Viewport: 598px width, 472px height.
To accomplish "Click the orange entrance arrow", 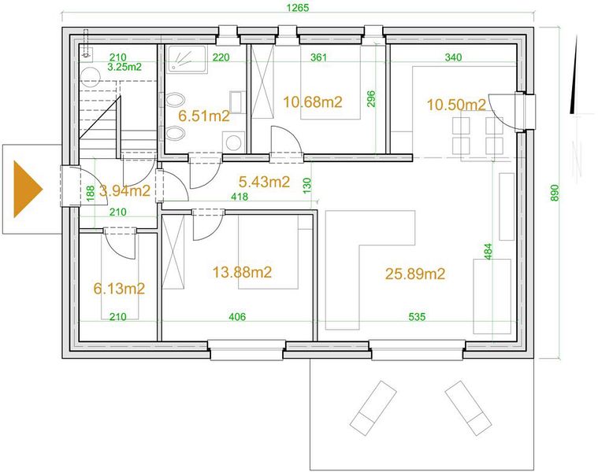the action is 27,189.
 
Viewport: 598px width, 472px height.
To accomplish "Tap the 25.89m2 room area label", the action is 415,274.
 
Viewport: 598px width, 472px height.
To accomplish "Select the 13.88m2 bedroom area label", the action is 242,272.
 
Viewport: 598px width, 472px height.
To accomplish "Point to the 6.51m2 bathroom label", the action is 204,116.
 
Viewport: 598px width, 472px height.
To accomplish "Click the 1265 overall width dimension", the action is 298,8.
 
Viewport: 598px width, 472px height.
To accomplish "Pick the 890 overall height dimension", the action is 555,193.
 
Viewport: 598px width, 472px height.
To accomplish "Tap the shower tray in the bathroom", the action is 187,59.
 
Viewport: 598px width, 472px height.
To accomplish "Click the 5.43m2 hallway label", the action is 264,182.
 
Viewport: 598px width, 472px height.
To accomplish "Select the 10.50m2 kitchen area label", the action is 456,105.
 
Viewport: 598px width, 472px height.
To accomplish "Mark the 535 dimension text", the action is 417,317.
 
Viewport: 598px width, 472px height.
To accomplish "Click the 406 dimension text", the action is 237,317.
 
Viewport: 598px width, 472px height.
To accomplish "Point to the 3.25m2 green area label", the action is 124,68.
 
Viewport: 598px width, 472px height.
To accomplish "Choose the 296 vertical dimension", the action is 371,98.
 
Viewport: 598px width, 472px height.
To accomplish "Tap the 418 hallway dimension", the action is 240,197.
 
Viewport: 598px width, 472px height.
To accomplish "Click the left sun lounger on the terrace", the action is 373,408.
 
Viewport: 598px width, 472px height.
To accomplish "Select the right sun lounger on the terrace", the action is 468,408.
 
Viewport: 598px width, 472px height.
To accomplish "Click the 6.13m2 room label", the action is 120,289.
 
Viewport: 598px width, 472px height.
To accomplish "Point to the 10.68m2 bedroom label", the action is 313,102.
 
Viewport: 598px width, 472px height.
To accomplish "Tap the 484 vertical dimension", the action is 488,252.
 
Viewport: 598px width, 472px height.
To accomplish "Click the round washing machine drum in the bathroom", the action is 233,143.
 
